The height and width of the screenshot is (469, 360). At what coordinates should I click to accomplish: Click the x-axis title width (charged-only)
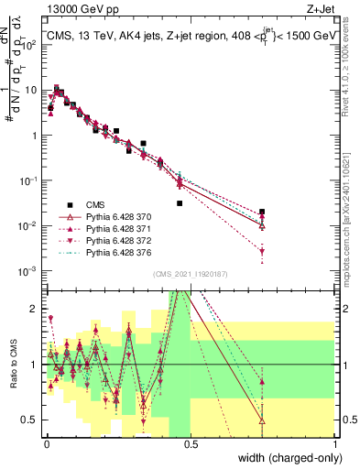coord(284,458)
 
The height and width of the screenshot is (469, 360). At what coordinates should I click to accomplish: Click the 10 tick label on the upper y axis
coord(31,91)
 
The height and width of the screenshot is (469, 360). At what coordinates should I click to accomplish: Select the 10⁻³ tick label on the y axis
coord(29,270)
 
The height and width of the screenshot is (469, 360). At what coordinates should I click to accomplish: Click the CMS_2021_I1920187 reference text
coord(191,274)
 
